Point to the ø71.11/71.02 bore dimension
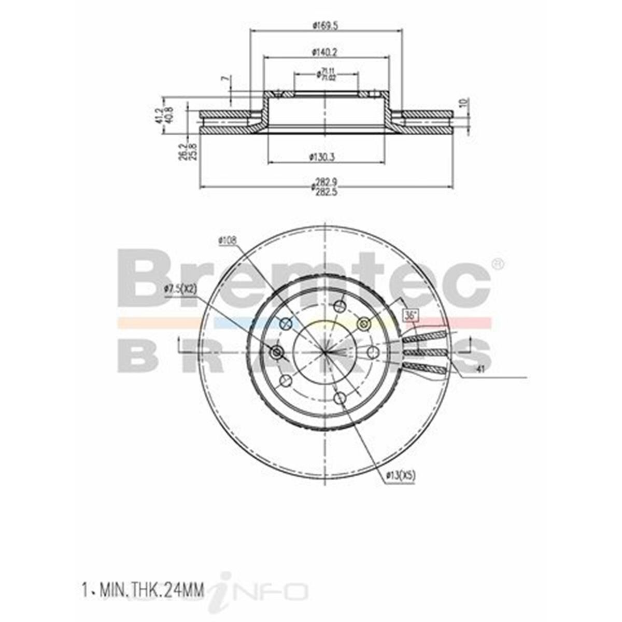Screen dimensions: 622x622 326,75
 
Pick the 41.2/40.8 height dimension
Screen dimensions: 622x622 167,115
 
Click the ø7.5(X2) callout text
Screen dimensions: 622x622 180,289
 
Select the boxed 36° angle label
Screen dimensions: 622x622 410,315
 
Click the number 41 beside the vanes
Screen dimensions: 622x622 480,369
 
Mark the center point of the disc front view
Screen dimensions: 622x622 325,351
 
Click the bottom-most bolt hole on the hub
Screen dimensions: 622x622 340,398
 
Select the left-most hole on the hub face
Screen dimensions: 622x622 277,352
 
